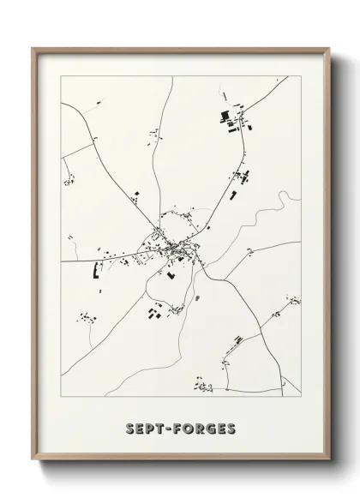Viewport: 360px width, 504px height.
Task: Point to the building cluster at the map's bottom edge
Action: coord(203,387)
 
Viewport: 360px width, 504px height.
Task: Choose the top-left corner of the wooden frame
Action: coord(35,49)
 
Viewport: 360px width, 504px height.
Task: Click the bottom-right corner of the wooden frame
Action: coord(327,467)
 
